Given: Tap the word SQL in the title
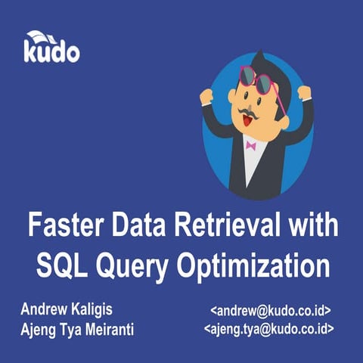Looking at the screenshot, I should pos(65,266).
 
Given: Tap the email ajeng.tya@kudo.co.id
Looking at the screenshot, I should pos(268,330).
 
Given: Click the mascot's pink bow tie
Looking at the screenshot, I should pos(250,144).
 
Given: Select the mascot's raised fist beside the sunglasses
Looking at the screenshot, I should pos(304,92).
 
